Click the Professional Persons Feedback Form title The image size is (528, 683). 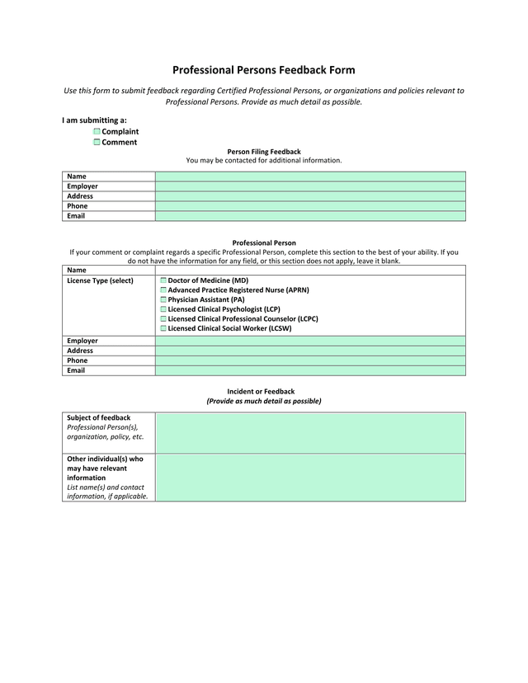click(264, 70)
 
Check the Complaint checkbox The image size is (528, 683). click(97, 132)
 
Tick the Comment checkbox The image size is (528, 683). click(97, 143)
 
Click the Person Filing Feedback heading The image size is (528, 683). click(264, 152)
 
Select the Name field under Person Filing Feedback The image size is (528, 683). click(310, 177)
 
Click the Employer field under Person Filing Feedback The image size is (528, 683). click(310, 186)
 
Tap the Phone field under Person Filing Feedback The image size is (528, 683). click(310, 206)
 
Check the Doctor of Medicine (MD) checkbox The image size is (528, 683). click(163, 281)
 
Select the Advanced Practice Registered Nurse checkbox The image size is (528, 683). click(163, 290)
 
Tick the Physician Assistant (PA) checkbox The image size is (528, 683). click(163, 300)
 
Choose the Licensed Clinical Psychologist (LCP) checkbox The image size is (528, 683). click(163, 309)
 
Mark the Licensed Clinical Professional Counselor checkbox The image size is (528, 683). click(163, 319)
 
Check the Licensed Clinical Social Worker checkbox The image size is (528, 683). click(163, 328)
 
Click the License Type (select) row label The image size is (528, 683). click(100, 280)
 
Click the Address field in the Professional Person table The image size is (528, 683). click(310, 351)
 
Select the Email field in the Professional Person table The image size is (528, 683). click(310, 370)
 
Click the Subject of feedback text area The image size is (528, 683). click(310, 433)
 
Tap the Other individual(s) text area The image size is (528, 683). click(310, 478)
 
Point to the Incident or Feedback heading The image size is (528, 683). click(261, 391)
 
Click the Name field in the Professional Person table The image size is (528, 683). click(310, 270)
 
